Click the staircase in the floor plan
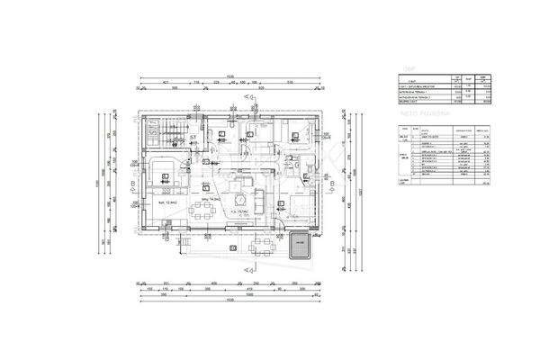(166, 137)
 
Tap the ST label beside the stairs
(193, 138)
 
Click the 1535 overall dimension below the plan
(230, 299)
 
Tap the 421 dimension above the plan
(167, 82)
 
